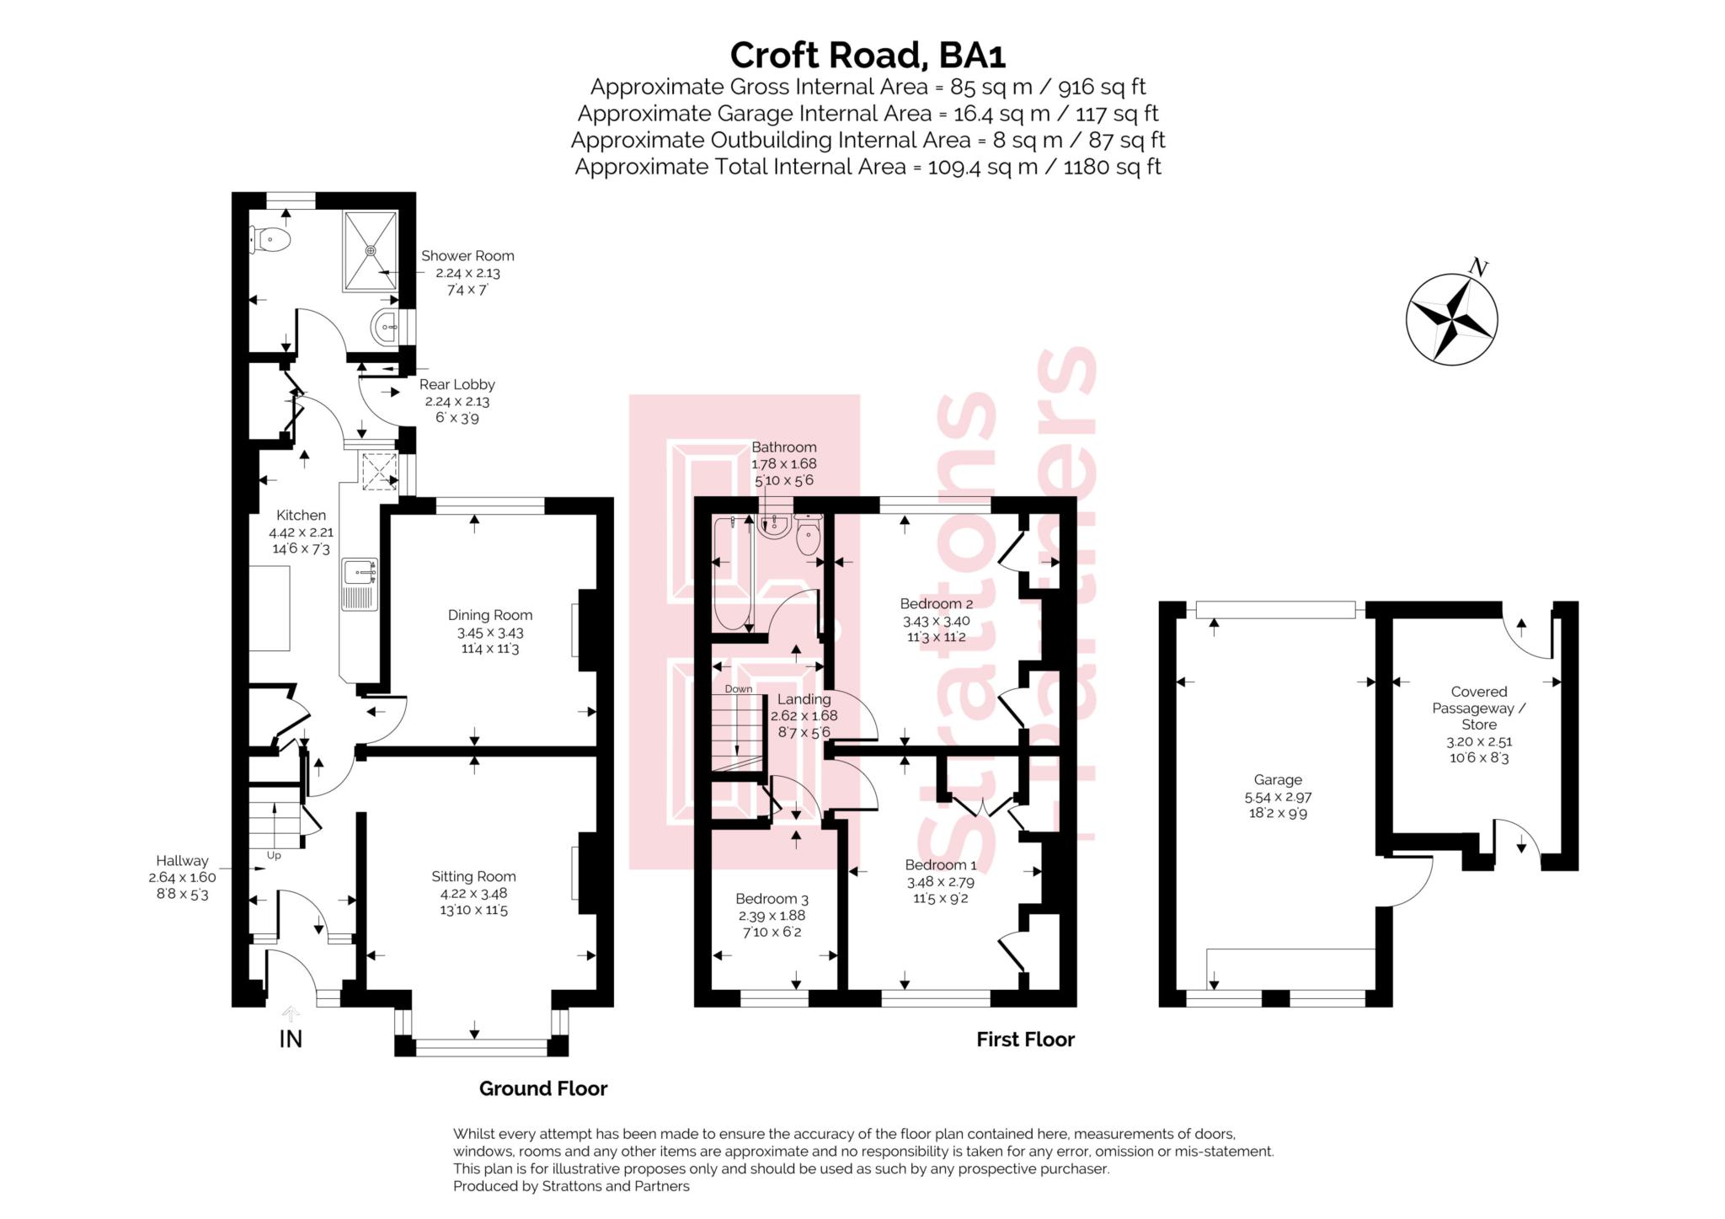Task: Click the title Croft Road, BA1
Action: coord(868,56)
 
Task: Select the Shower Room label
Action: coord(467,256)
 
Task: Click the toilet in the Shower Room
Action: coord(272,241)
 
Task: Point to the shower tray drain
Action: coord(371,250)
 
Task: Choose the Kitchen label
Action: coord(301,516)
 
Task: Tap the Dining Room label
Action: coord(489,616)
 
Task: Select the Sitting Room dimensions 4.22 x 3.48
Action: coord(473,894)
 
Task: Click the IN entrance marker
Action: coord(291,1039)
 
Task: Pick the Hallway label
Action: coord(182,861)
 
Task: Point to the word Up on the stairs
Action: coord(274,856)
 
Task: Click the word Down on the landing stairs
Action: coord(739,689)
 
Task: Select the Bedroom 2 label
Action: coord(936,604)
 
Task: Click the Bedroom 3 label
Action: coord(772,899)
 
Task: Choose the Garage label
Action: coord(1278,780)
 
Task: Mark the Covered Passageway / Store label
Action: coord(1478,708)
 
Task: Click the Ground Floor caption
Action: coord(543,1088)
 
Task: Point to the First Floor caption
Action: coord(1025,1040)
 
